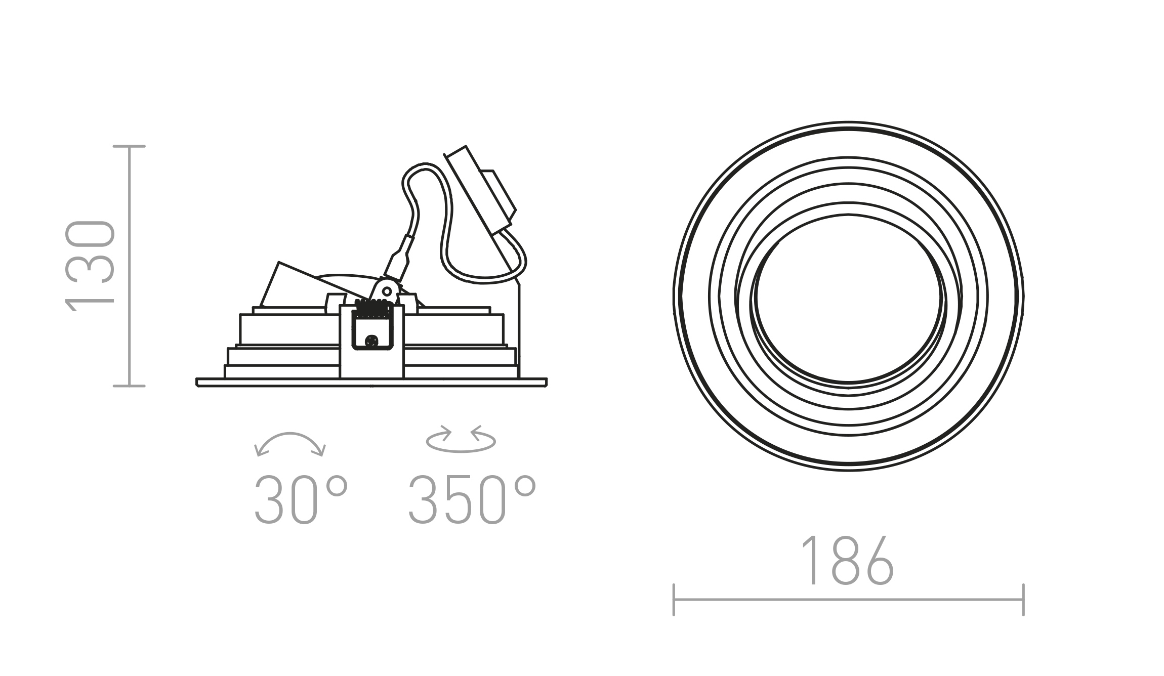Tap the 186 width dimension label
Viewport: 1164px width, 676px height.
[848, 560]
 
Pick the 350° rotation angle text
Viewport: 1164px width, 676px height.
[472, 499]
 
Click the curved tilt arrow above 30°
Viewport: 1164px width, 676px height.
[290, 434]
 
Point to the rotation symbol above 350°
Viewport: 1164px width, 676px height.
[461, 439]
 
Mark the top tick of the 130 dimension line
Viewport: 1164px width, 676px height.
[130, 146]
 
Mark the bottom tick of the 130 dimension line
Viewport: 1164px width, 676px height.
[130, 386]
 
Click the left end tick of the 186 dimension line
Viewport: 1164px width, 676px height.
[674, 600]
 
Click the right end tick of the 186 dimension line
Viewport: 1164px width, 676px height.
[1023, 600]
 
